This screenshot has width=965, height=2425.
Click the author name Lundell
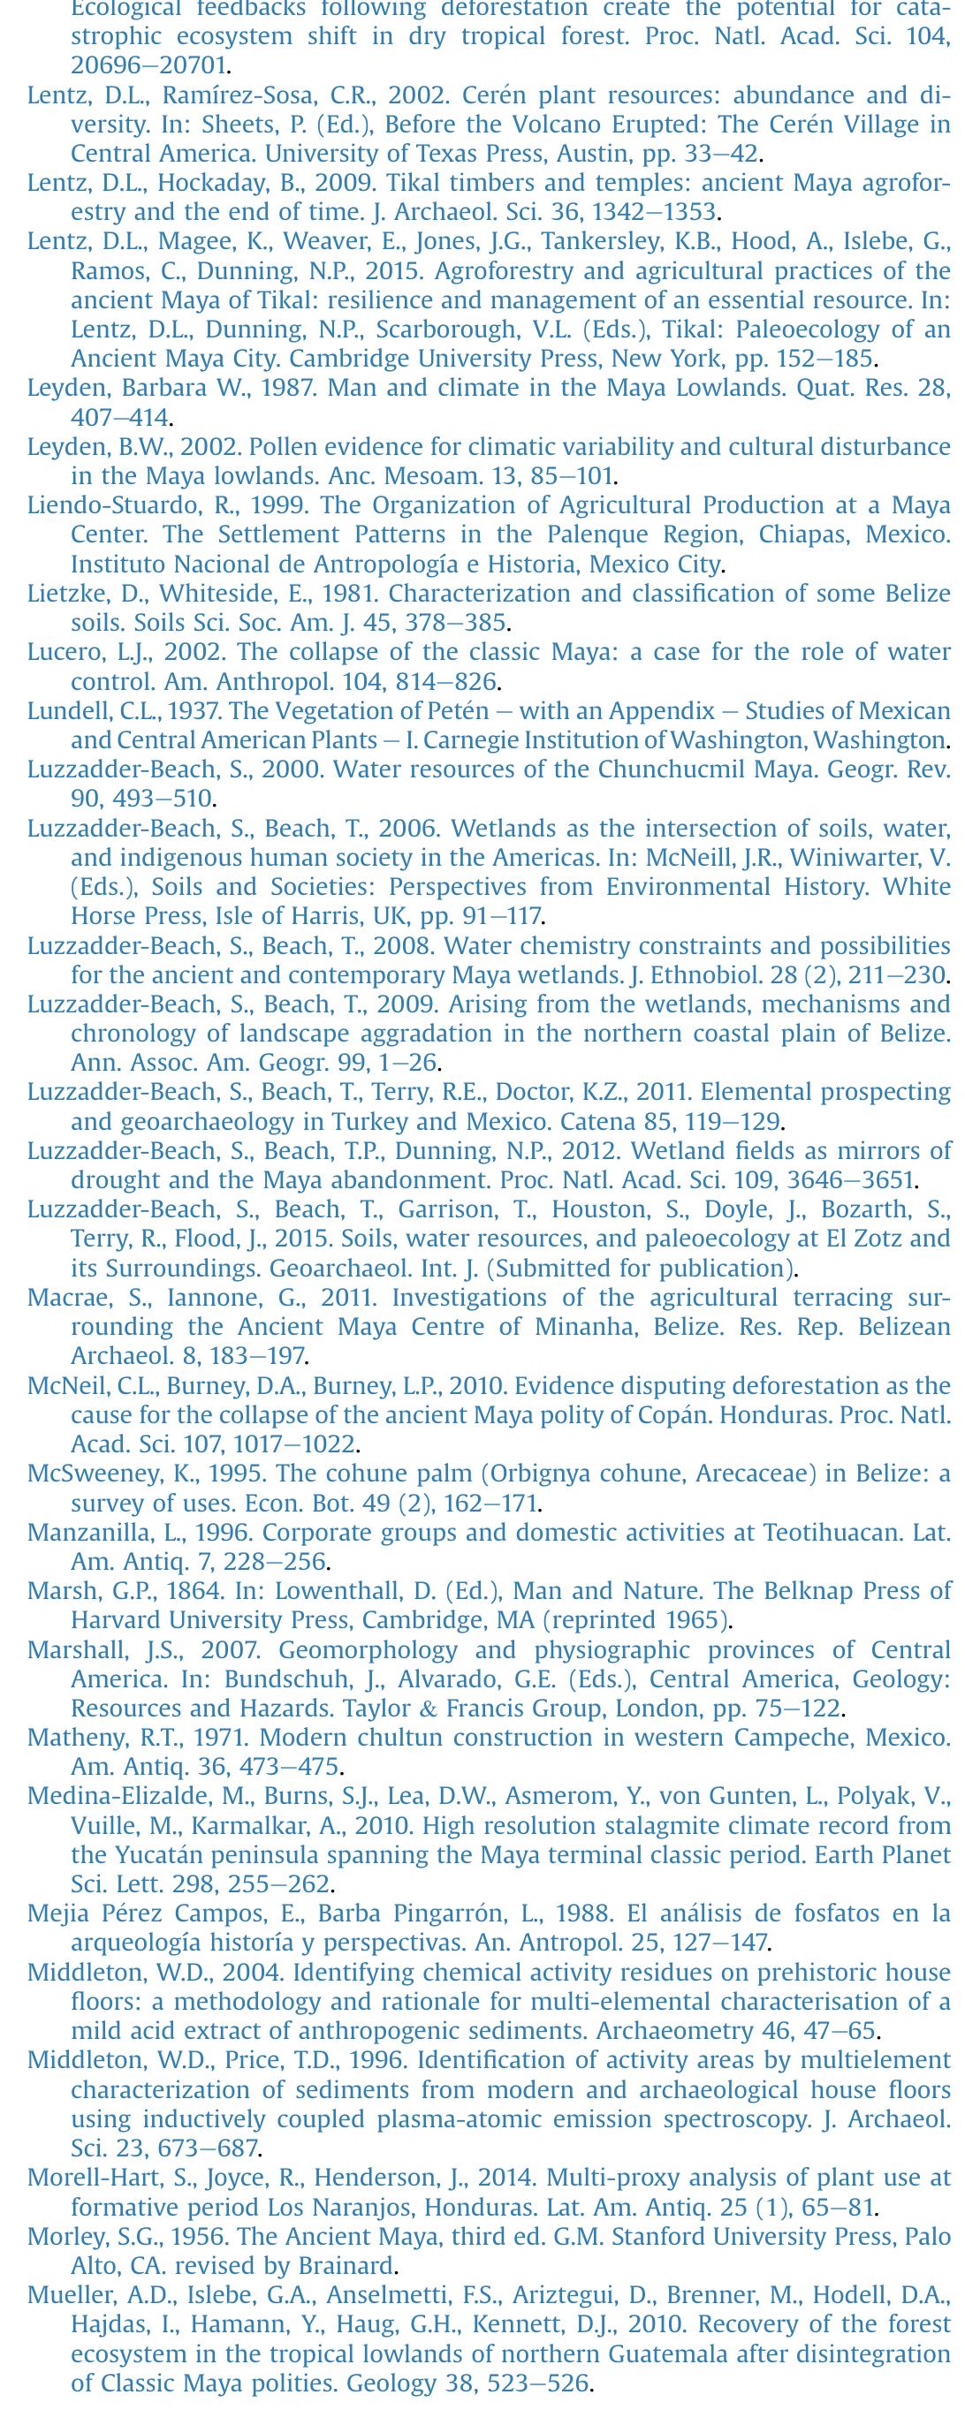tap(63, 711)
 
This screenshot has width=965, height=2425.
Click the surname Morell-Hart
tap(84, 2179)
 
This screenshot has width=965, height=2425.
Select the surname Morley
tap(60, 2237)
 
